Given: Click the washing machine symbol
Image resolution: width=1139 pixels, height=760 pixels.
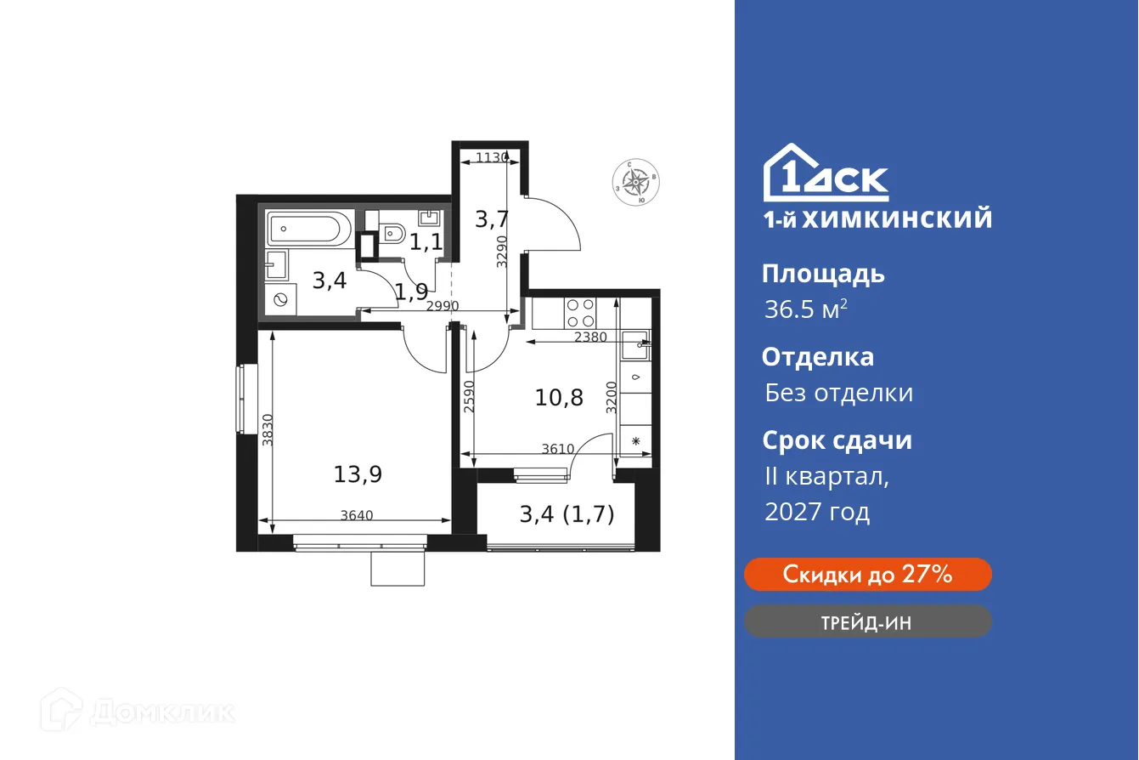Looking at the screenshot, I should click(x=280, y=300).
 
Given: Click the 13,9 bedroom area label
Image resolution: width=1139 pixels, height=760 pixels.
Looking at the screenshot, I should click(x=358, y=474).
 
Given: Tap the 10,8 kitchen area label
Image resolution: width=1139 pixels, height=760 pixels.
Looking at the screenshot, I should click(x=559, y=397).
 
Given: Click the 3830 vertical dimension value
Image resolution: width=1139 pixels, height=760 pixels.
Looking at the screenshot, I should click(x=268, y=430).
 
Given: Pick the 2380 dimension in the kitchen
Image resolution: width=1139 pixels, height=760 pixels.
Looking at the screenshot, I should click(x=591, y=337).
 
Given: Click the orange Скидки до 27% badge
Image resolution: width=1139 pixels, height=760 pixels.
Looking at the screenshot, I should click(x=867, y=575).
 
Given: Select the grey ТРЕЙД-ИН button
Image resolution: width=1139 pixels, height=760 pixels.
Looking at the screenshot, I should click(x=867, y=622).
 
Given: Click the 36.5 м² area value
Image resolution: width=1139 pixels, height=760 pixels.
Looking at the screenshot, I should click(x=805, y=309).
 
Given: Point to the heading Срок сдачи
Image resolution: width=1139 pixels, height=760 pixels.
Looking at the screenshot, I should click(x=837, y=440).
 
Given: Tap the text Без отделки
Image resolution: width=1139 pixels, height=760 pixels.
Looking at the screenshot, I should click(x=838, y=393).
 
